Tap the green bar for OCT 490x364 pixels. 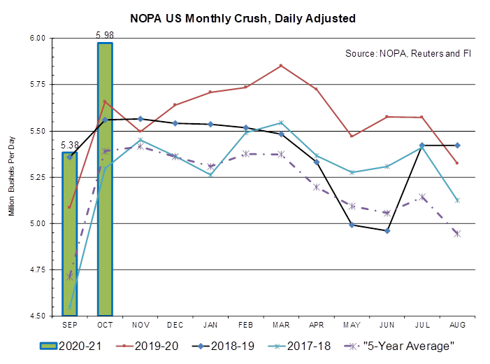click(105, 178)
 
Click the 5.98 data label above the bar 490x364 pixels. click(104, 34)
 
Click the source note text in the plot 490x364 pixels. click(405, 52)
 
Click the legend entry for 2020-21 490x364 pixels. click(69, 345)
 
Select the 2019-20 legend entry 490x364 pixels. click(150, 345)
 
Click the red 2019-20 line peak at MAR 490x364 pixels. click(280, 64)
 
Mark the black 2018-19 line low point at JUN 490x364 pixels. click(388, 230)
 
